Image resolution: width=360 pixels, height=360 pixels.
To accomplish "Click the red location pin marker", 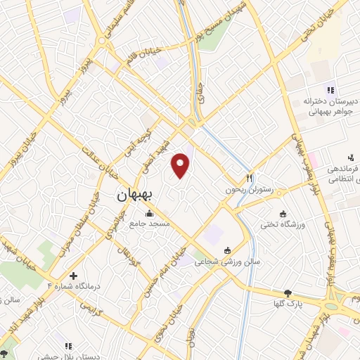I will [x=181, y=166].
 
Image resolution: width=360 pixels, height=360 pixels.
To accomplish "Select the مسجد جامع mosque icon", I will [x=148, y=214].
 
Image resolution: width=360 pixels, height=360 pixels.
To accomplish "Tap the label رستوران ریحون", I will [x=248, y=189].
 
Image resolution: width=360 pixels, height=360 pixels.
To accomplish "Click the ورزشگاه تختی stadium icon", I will [x=283, y=214].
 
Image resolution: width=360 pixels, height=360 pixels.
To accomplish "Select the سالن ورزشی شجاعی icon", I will [x=226, y=250].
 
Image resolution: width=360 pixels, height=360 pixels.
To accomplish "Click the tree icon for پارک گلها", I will [x=287, y=293].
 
